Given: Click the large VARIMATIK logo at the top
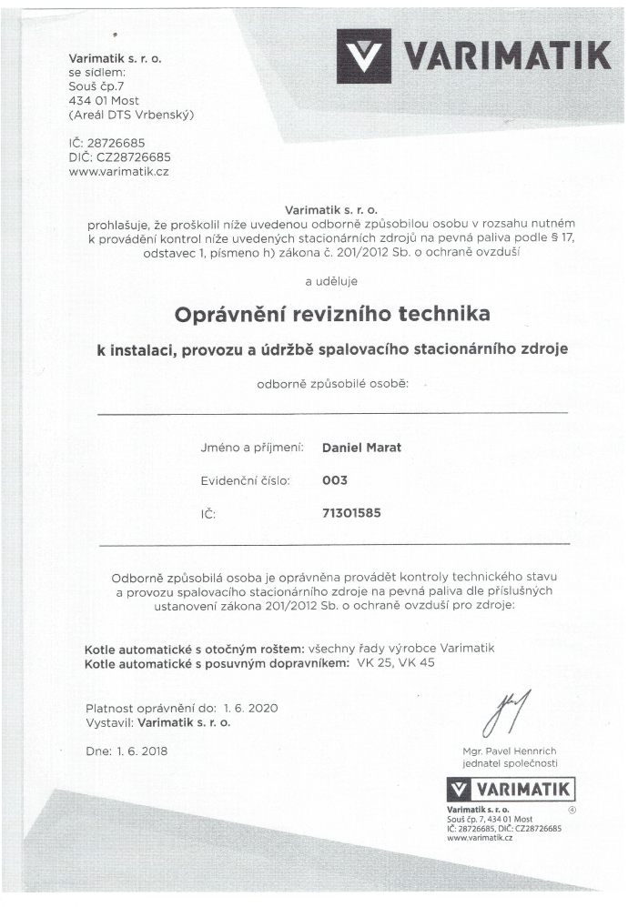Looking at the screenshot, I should click(472, 57).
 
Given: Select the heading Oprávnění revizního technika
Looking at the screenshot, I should click(331, 314).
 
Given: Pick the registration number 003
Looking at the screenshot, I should click(335, 480).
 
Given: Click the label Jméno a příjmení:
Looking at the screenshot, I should click(252, 448).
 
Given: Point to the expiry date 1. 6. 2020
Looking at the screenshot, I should click(249, 707).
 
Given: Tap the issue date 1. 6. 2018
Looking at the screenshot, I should click(139, 751).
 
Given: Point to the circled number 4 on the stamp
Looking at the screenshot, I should click(572, 808).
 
